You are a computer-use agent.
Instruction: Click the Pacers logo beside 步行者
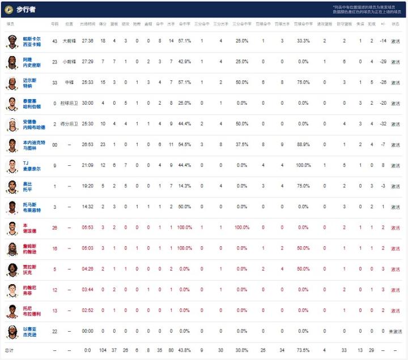[8, 10]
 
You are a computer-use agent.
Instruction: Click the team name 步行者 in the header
[25, 10]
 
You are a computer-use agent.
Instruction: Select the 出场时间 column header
[87, 24]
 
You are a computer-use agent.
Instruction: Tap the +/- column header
[384, 24]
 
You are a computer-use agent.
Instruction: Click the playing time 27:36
[87, 41]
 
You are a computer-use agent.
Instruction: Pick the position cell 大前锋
[69, 41]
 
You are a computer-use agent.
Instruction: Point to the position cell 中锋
[69, 82]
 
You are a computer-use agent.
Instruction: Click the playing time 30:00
[87, 103]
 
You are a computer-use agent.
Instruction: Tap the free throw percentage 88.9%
[304, 144]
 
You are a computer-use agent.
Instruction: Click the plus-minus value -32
[384, 123]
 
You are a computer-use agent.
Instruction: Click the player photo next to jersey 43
[12, 41]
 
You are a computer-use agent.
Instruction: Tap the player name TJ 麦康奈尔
[31, 165]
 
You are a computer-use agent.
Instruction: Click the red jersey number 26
[54, 228]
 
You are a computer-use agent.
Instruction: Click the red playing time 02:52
[87, 310]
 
